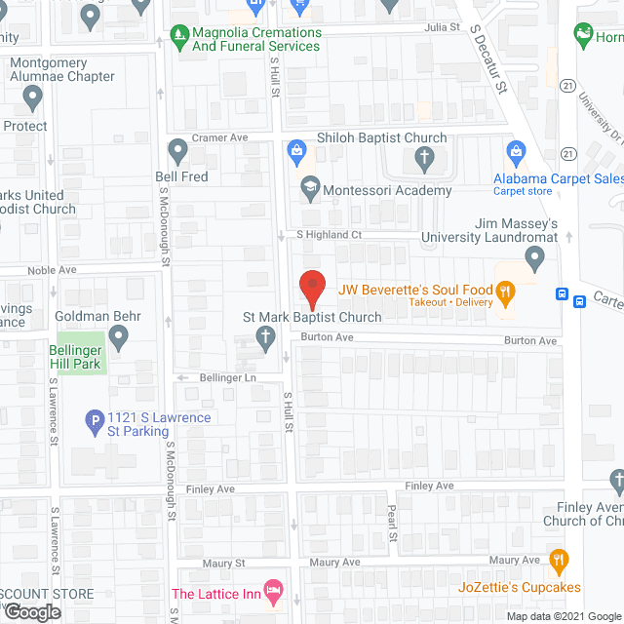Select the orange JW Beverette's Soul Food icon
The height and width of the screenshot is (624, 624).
click(505, 290)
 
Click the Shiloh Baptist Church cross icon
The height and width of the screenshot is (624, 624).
click(424, 156)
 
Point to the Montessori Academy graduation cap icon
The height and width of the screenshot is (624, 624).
click(310, 188)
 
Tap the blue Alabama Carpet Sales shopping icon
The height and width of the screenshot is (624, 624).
click(516, 152)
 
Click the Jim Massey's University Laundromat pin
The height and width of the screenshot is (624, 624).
click(533, 258)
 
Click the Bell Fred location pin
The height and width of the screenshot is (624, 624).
click(177, 150)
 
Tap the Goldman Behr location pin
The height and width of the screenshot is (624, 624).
click(119, 338)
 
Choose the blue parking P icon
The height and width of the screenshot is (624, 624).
click(95, 422)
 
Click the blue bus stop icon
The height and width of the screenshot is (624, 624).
click(563, 294)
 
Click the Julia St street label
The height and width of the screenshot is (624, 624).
click(442, 27)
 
